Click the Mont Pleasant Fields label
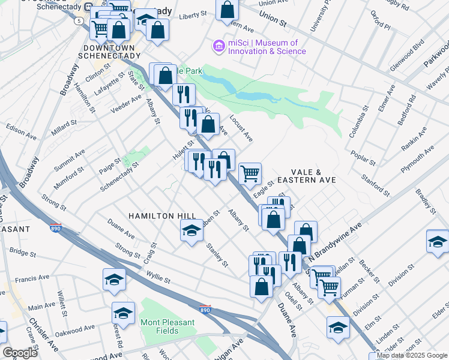click(167, 326)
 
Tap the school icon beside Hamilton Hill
click(191, 230)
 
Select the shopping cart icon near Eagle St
click(250, 173)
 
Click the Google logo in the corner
click(20, 353)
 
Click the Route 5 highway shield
click(78, 21)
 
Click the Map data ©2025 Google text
click(408, 355)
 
